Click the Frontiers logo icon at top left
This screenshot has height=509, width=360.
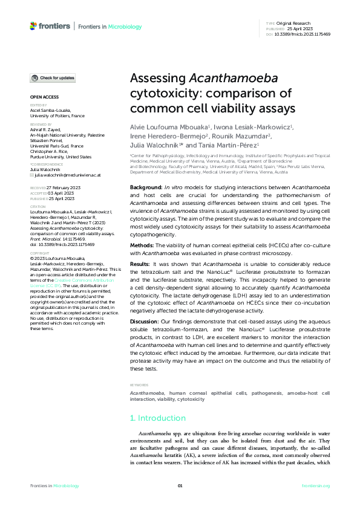(x=33, y=26)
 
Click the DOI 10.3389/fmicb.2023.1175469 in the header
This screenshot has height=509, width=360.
(x=303, y=34)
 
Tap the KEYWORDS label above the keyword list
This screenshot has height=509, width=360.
(x=140, y=384)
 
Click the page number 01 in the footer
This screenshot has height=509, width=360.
(x=180, y=486)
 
